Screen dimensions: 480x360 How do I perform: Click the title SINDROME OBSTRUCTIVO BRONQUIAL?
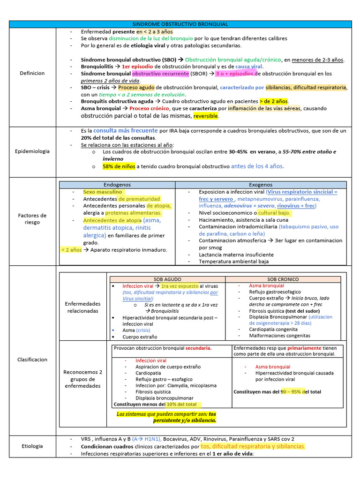coord(180,24)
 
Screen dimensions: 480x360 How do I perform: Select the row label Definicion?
coord(32,73)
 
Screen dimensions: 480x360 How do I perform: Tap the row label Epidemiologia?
coord(32,151)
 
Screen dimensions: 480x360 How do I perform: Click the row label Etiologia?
coord(32,446)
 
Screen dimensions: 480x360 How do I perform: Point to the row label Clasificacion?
coord(32,360)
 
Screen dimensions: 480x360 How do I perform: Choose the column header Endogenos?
coord(117,185)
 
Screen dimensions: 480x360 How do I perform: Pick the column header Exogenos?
coord(261,185)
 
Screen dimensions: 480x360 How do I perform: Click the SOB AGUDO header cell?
coord(167,279)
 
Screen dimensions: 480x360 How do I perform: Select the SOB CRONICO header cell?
coord(283,279)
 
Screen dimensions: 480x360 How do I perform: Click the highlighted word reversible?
coord(206,116)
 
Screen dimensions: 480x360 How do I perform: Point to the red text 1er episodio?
coord(137,67)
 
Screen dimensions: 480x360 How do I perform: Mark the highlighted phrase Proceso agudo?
coord(135,88)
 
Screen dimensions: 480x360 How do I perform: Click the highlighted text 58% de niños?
coord(119,166)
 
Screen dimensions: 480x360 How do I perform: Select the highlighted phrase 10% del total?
coord(181,404)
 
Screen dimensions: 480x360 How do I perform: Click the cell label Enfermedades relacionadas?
coord(82,307)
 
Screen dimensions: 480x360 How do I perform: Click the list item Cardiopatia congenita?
coord(274,329)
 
